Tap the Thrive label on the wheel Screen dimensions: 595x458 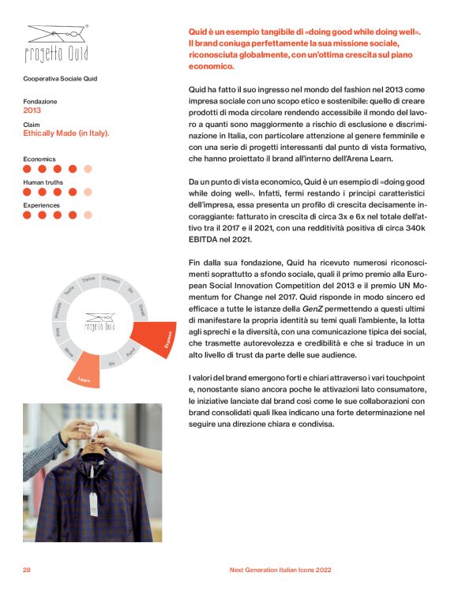(88, 280)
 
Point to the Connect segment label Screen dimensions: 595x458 (111, 280)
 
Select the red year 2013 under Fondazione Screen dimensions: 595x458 (32, 110)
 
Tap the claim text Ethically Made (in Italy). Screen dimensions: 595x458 (66, 133)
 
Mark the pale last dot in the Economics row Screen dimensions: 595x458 (88, 168)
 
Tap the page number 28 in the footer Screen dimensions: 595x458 (27, 569)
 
